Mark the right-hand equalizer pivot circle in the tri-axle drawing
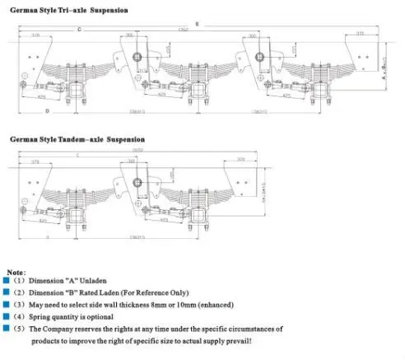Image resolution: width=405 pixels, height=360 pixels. tap(260, 57)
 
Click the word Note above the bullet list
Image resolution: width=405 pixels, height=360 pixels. tap(16, 271)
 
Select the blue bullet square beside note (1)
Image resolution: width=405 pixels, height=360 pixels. tap(7, 282)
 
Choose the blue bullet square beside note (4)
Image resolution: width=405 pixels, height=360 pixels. tap(7, 316)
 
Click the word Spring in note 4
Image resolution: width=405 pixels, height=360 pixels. tap(42, 316)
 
